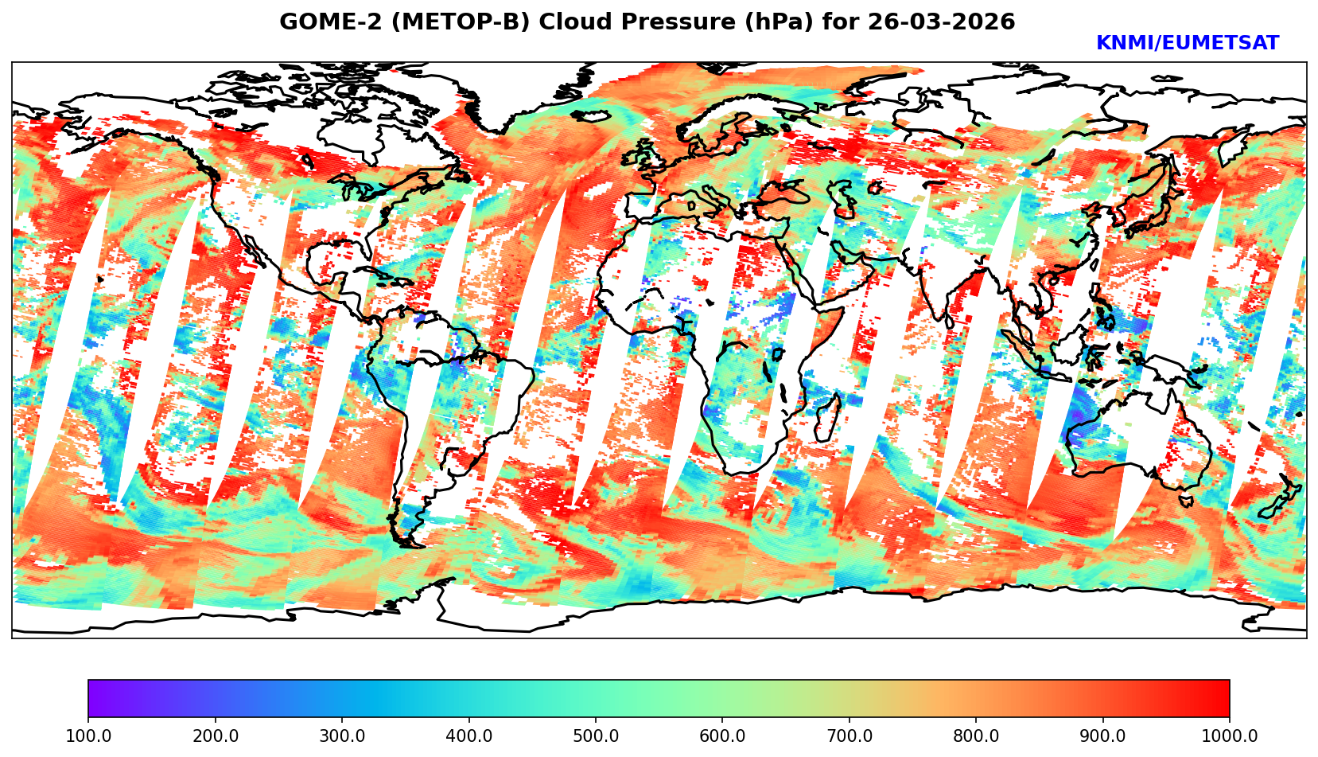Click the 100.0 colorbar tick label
pos(87,736)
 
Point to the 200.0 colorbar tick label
pos(215,736)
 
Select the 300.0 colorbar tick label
pos(341,736)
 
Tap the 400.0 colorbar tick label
pos(468,736)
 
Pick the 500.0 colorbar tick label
pos(595,736)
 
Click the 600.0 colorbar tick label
pos(722,736)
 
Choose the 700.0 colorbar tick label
pos(849,736)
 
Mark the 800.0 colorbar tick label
pos(976,736)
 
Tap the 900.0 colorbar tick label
pos(1102,736)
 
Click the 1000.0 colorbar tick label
pos(1229,736)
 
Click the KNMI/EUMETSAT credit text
pos(1187,44)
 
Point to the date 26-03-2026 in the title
pos(939,22)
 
